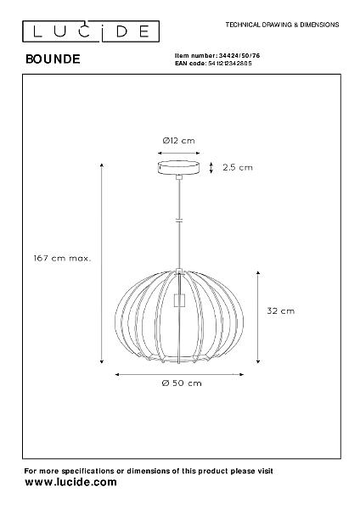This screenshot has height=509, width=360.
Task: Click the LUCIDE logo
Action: point(91,31)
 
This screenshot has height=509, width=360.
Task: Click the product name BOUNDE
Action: point(53,59)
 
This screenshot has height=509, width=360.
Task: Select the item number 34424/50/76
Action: point(239,55)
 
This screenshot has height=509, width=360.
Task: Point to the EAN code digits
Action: point(229,64)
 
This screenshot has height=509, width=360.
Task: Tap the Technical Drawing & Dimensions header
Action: point(283,25)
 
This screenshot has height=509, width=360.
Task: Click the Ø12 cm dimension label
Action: point(178,141)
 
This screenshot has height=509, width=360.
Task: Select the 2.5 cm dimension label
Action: point(238,167)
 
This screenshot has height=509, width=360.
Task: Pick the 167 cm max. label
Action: point(62,259)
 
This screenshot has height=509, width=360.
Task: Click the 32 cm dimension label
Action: point(281,311)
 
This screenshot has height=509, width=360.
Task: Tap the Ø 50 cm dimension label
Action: point(182,383)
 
